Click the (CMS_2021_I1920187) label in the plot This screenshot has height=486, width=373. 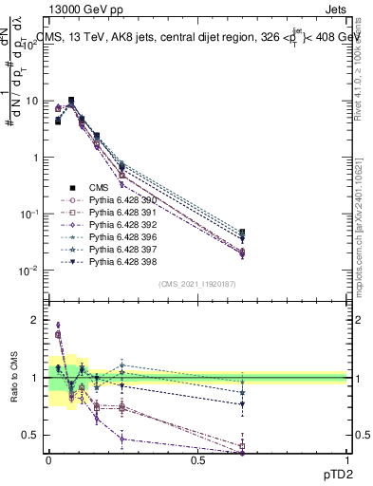tap(197, 284)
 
